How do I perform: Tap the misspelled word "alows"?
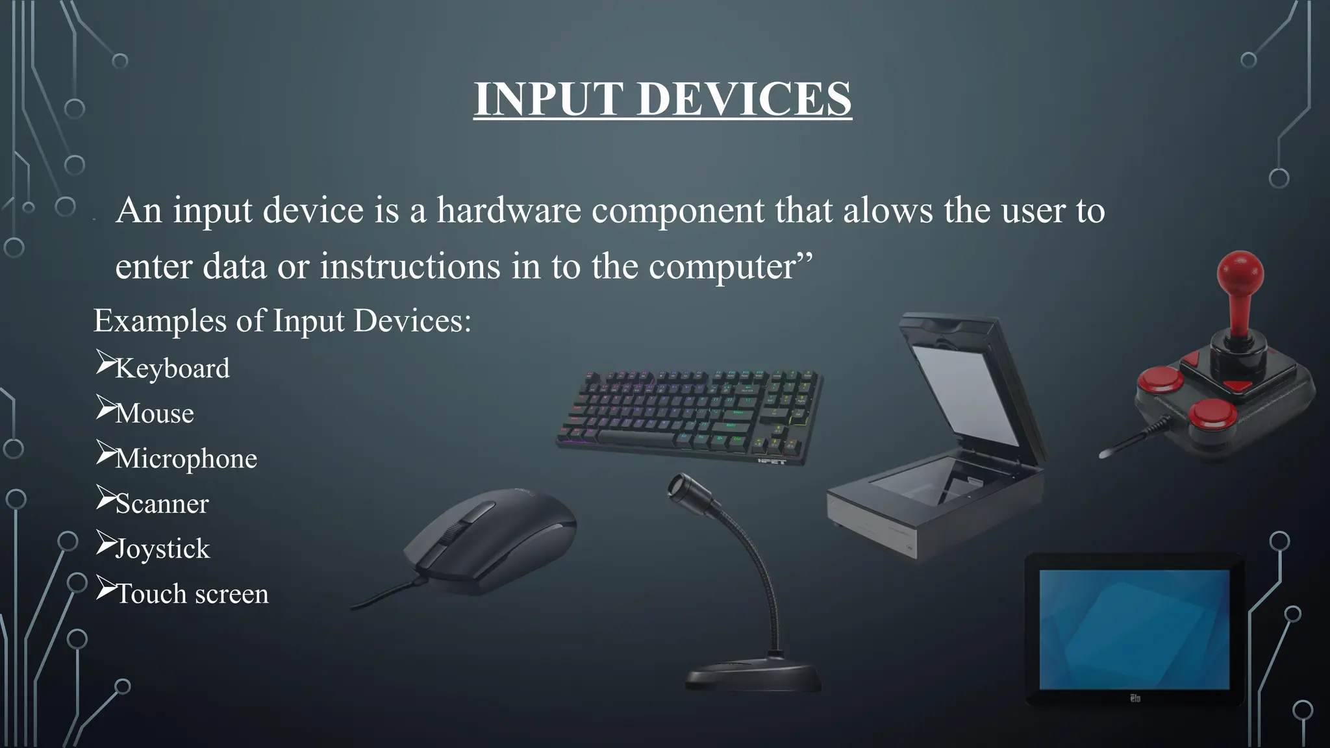(x=888, y=210)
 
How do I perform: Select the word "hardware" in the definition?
(x=508, y=210)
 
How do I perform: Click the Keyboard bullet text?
(x=172, y=369)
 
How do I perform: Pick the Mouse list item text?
(x=155, y=414)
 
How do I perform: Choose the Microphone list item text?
(x=186, y=459)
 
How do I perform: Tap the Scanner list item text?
(x=162, y=504)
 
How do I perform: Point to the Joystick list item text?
(x=162, y=549)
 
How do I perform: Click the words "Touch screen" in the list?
(x=192, y=594)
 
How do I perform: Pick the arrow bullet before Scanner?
(x=105, y=497)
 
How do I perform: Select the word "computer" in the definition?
(x=721, y=266)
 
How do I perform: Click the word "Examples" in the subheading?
(x=160, y=321)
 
